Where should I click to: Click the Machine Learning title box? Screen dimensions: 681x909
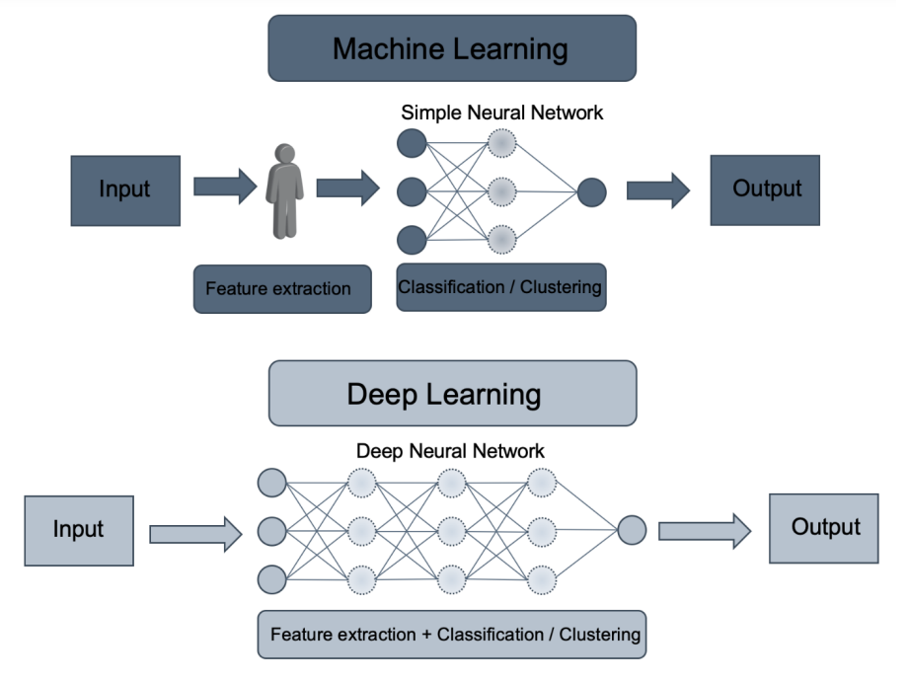(x=451, y=48)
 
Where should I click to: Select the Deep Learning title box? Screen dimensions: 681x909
(x=451, y=394)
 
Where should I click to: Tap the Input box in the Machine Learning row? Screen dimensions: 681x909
(x=125, y=189)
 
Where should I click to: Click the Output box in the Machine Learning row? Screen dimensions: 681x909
(x=765, y=189)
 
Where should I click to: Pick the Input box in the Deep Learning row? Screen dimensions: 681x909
(x=79, y=530)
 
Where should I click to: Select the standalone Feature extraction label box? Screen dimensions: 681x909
(x=281, y=289)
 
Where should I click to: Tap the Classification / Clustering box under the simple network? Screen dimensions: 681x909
(x=500, y=287)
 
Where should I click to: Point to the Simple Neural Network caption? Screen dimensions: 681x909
(x=501, y=113)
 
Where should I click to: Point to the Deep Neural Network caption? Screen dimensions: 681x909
(x=450, y=451)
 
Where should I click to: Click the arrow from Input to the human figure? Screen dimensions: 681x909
(x=224, y=187)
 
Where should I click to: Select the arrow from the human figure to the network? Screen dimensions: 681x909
(x=347, y=187)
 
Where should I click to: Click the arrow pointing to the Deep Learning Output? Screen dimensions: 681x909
(x=705, y=531)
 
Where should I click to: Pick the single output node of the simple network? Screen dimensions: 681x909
(x=590, y=191)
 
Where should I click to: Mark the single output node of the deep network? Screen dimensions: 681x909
(x=632, y=530)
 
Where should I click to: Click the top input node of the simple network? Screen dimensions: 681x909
(x=412, y=144)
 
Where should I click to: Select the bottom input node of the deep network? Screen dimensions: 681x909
(x=270, y=577)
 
